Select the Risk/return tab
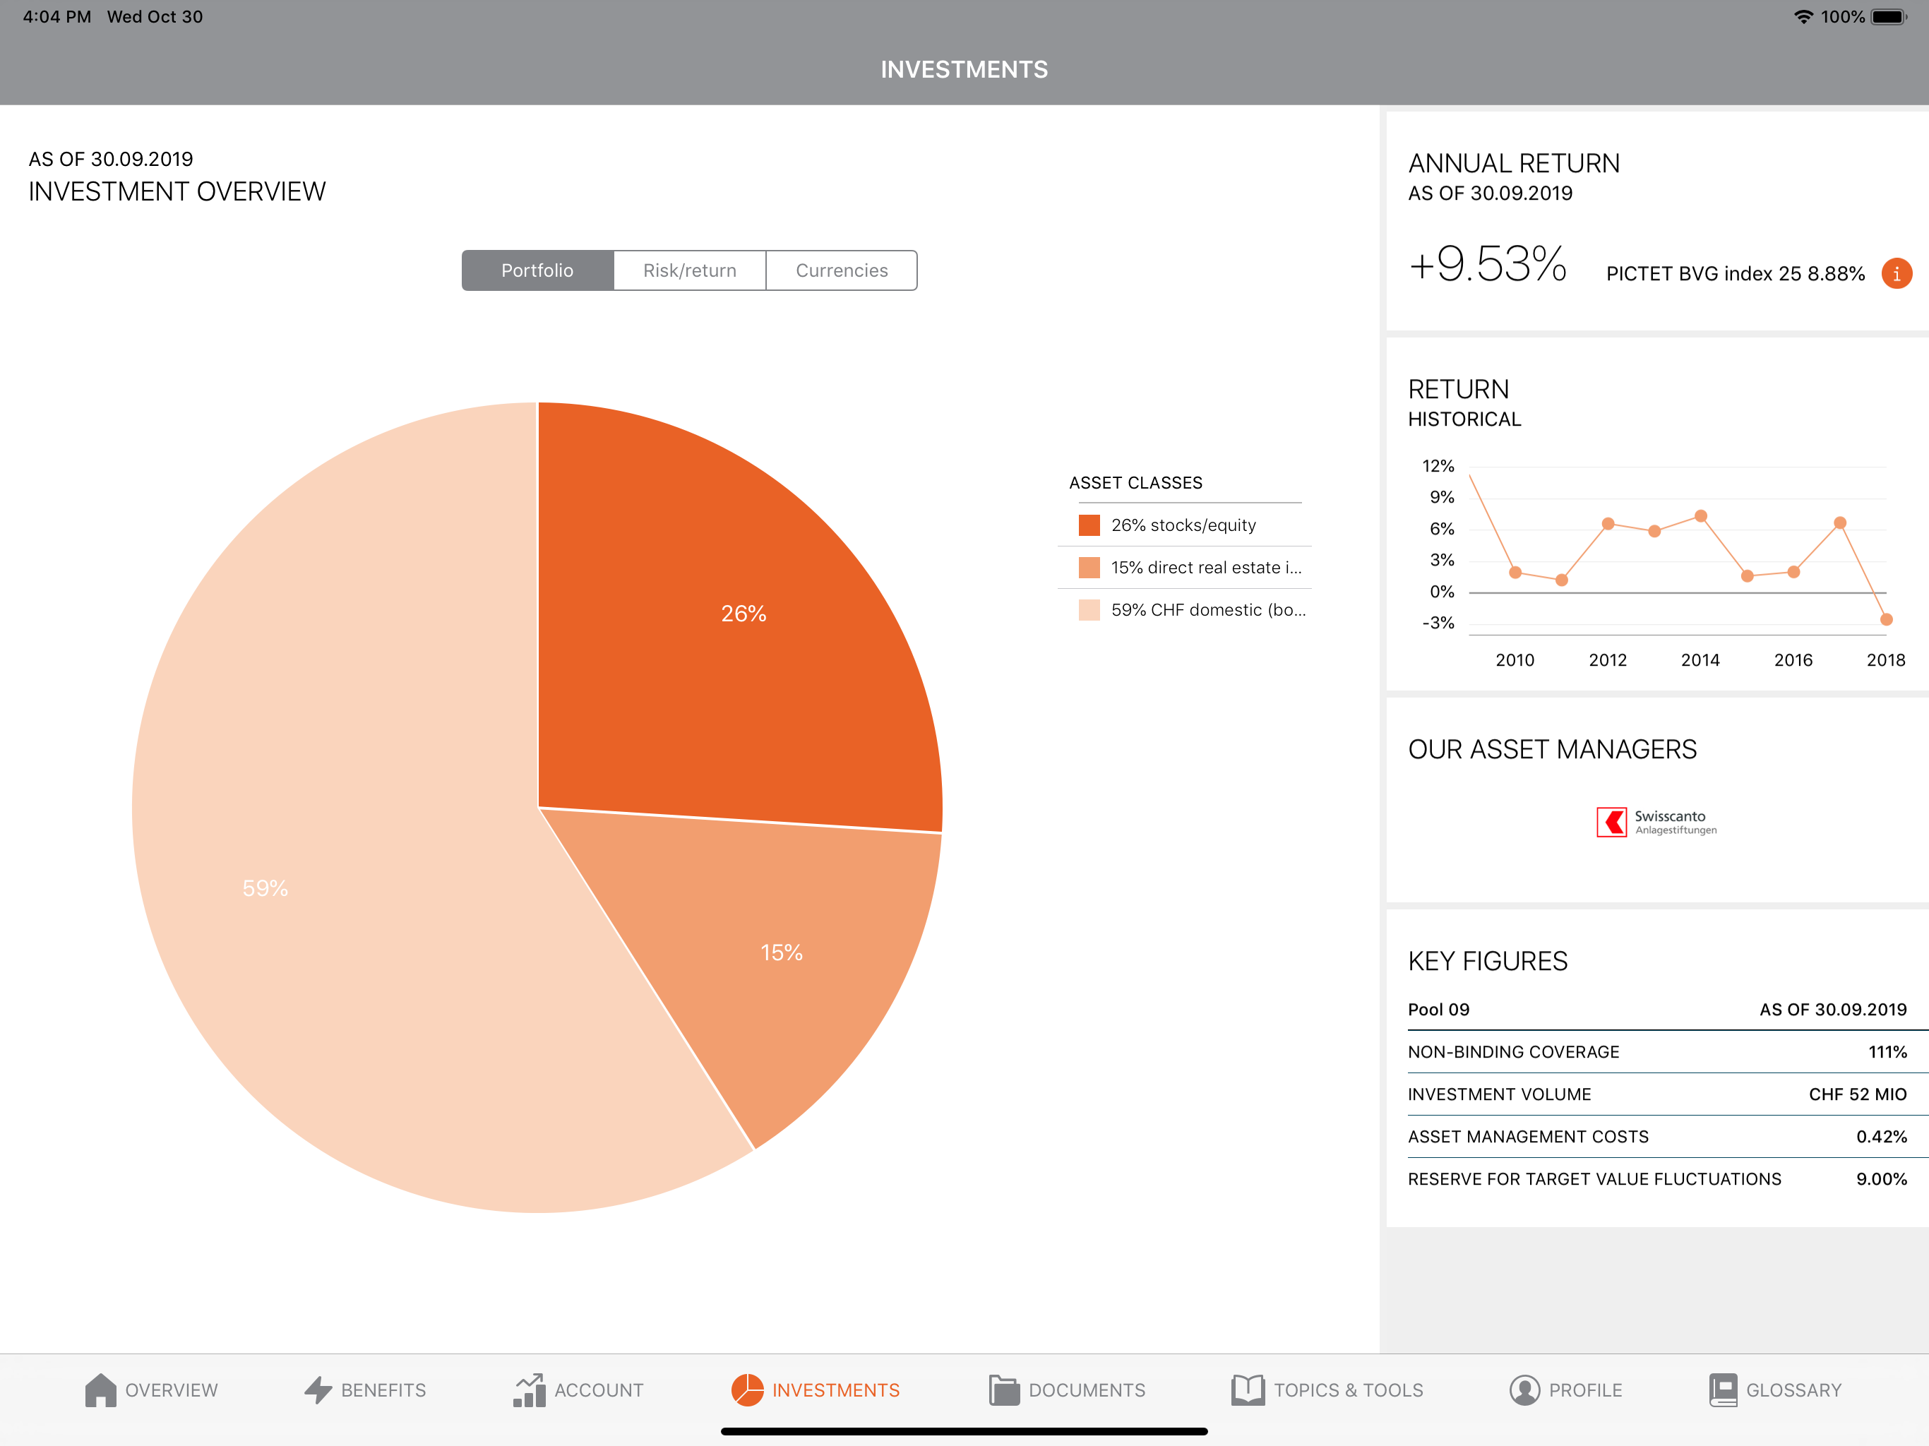point(690,270)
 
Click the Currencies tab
point(842,270)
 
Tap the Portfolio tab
point(537,270)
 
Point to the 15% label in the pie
point(782,952)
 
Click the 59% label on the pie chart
point(265,888)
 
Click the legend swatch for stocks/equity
point(1089,525)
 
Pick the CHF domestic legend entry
point(1192,609)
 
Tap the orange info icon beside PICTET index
point(1897,273)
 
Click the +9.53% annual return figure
point(1488,264)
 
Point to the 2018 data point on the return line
point(1886,619)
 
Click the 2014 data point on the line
point(1700,516)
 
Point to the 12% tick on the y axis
point(1438,466)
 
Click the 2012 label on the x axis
point(1608,660)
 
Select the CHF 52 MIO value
point(1858,1094)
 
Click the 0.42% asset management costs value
point(1881,1136)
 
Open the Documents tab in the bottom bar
point(1068,1390)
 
